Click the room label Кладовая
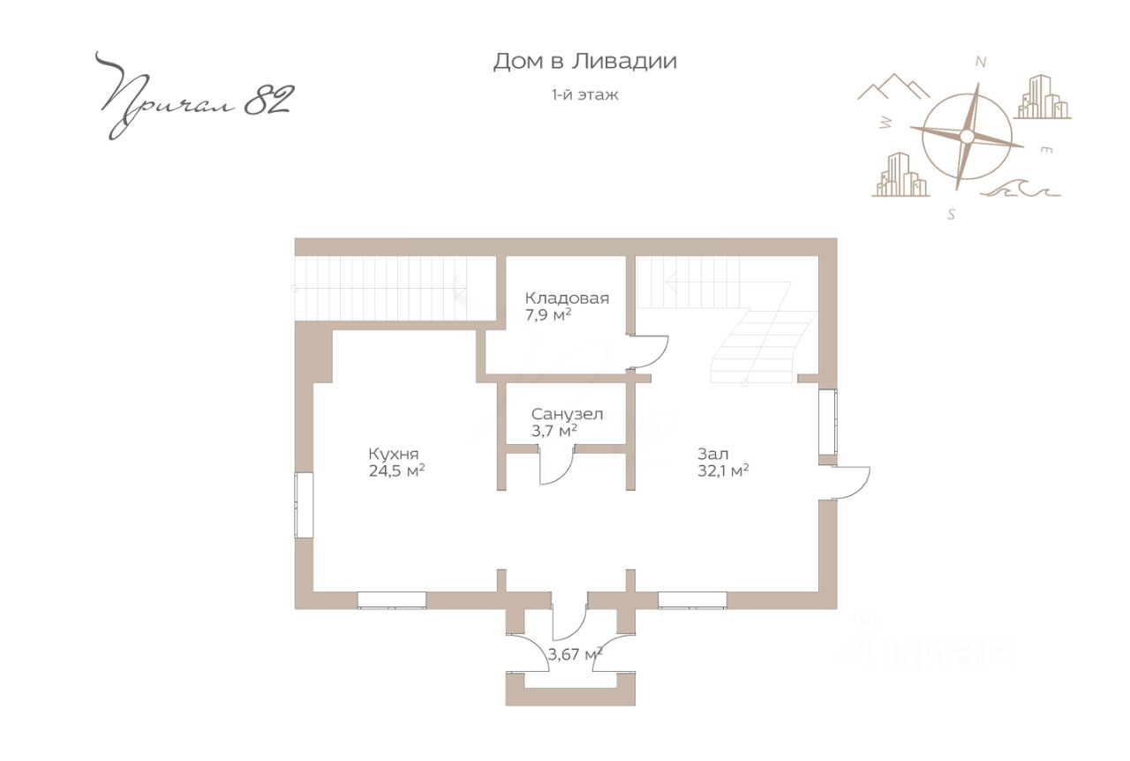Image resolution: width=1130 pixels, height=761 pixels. pyautogui.click(x=567, y=298)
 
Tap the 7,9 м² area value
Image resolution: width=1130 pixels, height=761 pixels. pyautogui.click(x=548, y=315)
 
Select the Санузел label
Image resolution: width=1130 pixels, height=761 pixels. pyautogui.click(x=567, y=414)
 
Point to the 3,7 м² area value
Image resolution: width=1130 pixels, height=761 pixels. pyautogui.click(x=554, y=431)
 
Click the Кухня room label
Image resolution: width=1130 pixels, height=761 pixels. pyautogui.click(x=394, y=454)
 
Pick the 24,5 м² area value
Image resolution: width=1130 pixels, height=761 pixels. pyautogui.click(x=396, y=471)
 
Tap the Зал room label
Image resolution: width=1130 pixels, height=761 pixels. pyautogui.click(x=712, y=454)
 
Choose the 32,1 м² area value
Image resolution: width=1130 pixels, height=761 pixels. pyautogui.click(x=723, y=471)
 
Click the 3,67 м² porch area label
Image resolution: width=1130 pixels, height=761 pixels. pyautogui.click(x=575, y=654)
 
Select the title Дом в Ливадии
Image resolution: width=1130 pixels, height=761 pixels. pyautogui.click(x=584, y=62)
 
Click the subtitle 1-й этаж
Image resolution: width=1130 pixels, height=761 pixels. pyautogui.click(x=584, y=94)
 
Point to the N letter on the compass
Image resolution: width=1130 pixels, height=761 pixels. pyautogui.click(x=981, y=62)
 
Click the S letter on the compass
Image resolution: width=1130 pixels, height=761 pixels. pyautogui.click(x=951, y=215)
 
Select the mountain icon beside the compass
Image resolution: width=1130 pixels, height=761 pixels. pyautogui.click(x=893, y=87)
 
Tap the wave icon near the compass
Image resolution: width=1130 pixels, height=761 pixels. pyautogui.click(x=1020, y=189)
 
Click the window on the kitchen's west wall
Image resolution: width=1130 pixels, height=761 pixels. pyautogui.click(x=304, y=505)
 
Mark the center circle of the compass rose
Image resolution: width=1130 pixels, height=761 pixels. pyautogui.click(x=967, y=136)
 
